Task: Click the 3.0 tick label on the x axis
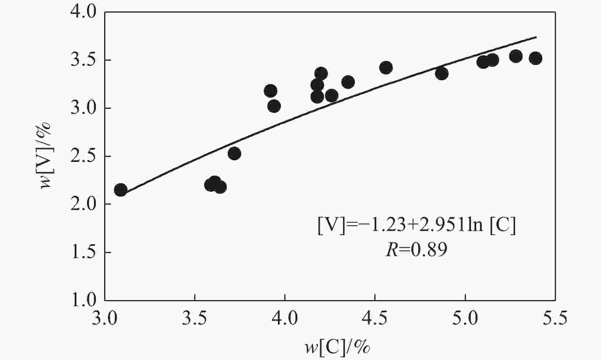coord(105,318)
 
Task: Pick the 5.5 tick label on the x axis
coord(555,318)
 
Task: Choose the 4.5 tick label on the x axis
coord(375,318)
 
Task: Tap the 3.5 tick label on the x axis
coord(195,318)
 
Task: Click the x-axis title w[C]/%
coord(337,346)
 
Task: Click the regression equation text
coord(417,226)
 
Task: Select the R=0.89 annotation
coord(416,250)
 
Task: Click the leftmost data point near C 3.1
coord(121,190)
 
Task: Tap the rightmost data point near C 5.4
coord(535,58)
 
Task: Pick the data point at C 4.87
coord(441,73)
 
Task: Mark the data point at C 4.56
coord(386,68)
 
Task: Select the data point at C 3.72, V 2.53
coord(234,153)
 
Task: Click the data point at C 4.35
coord(348,82)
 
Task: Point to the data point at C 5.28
coord(516,56)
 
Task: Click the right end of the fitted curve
coord(536,37)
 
